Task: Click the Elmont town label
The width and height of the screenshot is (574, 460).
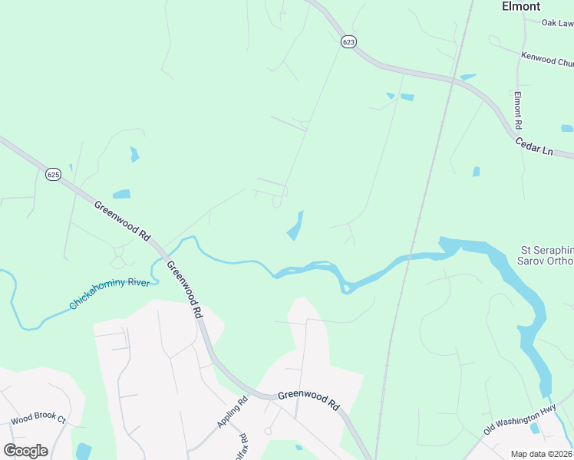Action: (521, 6)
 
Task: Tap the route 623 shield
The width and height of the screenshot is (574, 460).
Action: (349, 42)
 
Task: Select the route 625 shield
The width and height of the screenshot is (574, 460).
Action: (53, 175)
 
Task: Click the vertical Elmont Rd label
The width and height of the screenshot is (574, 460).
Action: (518, 110)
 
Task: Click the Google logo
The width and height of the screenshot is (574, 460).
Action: (25, 450)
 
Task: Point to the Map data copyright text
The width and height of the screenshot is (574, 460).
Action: (542, 454)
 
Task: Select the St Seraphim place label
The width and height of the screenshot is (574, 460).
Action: (547, 250)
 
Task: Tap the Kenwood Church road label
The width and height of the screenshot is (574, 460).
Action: (547, 58)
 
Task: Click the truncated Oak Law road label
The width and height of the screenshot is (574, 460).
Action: (557, 23)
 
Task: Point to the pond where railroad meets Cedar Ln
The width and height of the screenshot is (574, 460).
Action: (467, 77)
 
